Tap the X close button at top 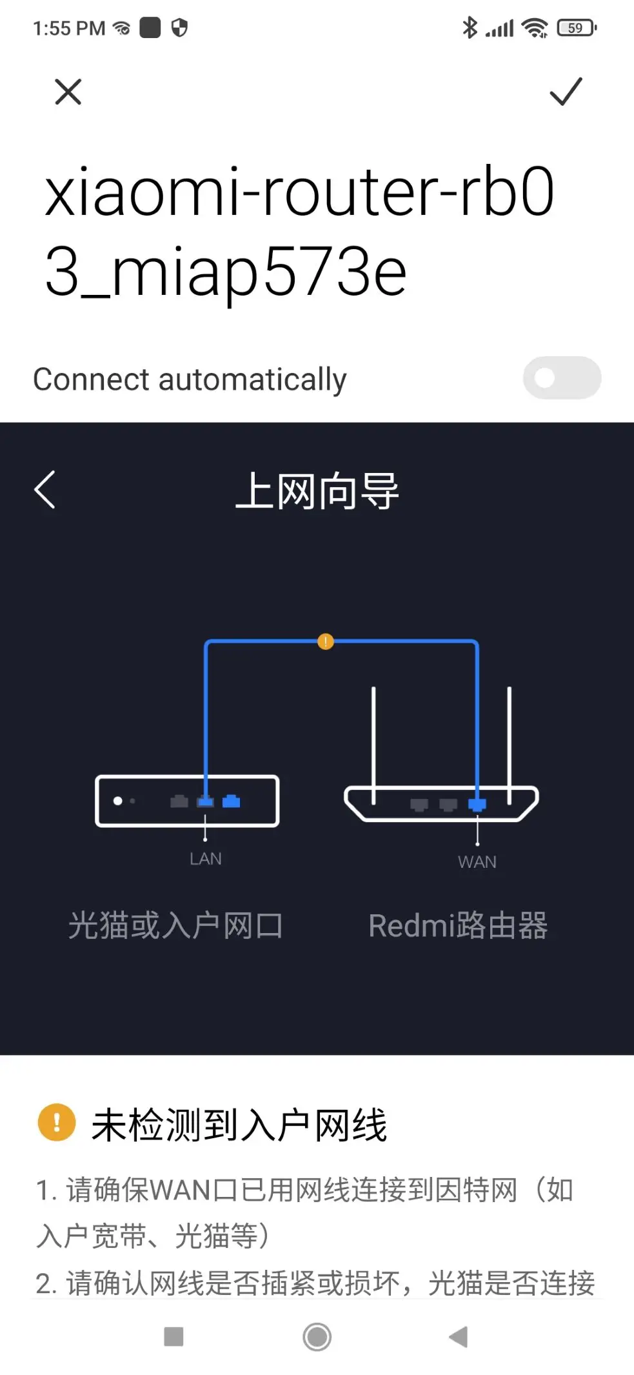point(68,92)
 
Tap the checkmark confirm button point(566,92)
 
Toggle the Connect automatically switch point(562,378)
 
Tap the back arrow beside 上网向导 point(45,490)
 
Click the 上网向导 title point(317,491)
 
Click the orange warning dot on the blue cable point(326,641)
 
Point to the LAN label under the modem point(206,859)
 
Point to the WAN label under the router point(477,862)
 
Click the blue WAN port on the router point(477,805)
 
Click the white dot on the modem point(118,801)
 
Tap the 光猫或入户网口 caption point(175,925)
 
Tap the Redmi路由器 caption point(458,925)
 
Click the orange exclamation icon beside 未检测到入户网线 point(57,1123)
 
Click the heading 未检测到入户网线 point(239,1125)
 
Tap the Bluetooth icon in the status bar point(470,28)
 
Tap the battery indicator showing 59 point(576,28)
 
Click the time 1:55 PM point(69,28)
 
